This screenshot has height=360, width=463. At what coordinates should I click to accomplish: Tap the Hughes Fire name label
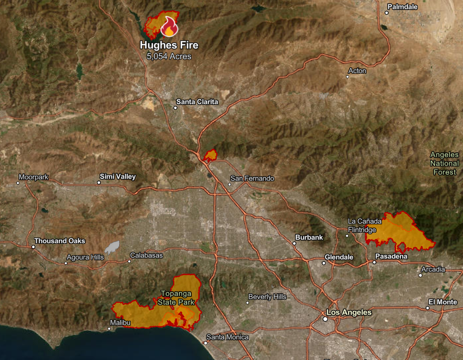(169, 46)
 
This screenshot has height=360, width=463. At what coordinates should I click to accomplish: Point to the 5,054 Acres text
(169, 56)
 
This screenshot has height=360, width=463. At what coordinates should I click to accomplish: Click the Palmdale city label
(403, 7)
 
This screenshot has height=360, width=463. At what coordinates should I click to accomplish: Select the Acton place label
(357, 71)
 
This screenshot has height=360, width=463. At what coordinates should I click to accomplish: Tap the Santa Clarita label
(197, 102)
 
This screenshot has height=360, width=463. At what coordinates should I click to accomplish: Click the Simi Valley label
(118, 177)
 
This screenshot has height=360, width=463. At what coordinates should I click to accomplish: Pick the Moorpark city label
(33, 177)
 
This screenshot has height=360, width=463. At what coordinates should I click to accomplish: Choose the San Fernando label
(252, 179)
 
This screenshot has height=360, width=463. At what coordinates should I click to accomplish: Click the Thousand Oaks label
(59, 241)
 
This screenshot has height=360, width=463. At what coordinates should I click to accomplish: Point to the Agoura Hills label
(85, 257)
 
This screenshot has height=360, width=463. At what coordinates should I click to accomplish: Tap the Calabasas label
(146, 255)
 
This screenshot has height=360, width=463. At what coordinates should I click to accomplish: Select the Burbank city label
(309, 237)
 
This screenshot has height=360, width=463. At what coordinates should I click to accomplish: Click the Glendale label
(339, 257)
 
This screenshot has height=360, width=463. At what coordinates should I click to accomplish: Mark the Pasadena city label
(391, 257)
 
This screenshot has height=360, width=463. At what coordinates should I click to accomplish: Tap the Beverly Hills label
(267, 297)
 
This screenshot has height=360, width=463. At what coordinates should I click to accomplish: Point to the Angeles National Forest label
(444, 163)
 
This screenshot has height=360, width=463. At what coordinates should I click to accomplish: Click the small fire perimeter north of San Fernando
(210, 155)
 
